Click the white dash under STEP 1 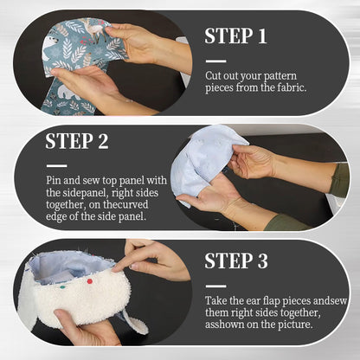coord(215,60)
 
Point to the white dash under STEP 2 coord(56,165)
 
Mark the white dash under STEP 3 coord(215,285)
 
